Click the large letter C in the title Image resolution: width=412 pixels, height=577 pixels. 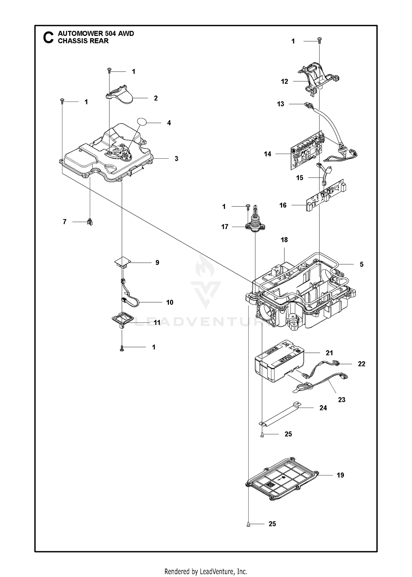[48, 37]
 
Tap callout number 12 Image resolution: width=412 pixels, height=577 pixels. [285, 82]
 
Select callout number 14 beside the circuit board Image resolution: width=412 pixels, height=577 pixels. [268, 154]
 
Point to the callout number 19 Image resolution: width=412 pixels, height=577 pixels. [340, 475]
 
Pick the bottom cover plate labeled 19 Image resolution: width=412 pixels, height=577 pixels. [282, 479]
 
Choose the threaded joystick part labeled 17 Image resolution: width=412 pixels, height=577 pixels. [255, 220]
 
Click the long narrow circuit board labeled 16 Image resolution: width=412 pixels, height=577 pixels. [326, 195]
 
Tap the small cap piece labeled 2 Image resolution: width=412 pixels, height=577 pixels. [119, 94]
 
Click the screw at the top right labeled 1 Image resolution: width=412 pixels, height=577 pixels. [319, 41]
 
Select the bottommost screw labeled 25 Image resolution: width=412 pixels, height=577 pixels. [248, 525]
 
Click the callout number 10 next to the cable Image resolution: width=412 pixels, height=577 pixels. [170, 302]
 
